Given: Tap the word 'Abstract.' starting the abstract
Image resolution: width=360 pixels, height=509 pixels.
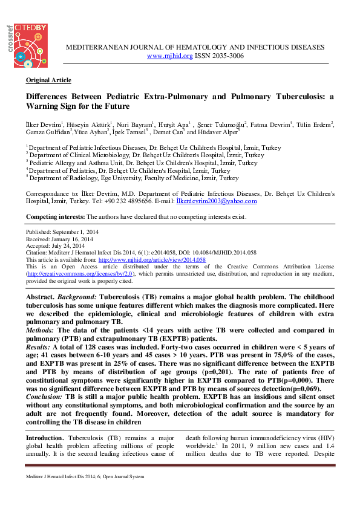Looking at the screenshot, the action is point(41,299).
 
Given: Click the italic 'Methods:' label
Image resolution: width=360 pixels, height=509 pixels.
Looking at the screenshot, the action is point(41,330).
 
